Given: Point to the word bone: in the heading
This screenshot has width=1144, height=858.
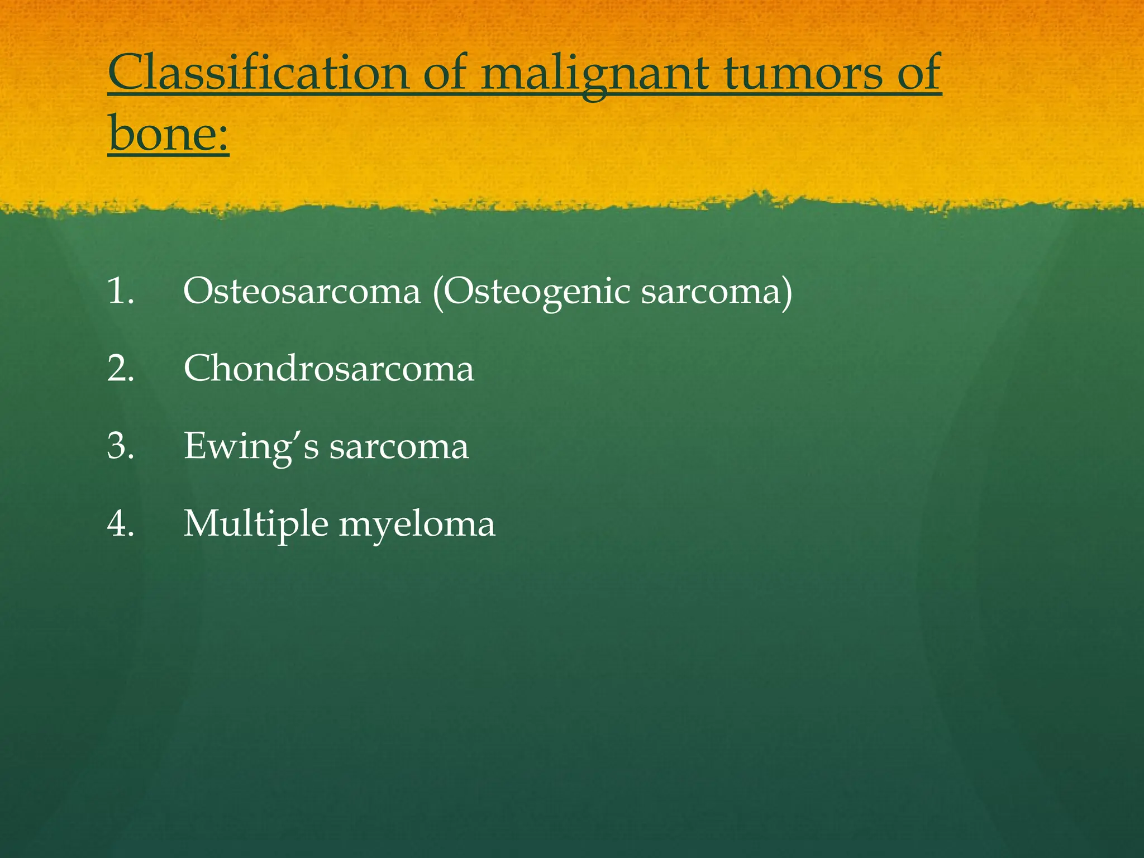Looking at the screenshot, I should (168, 134).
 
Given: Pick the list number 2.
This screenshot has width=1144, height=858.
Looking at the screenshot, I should (121, 369).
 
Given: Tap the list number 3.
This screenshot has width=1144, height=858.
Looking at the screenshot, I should (121, 447).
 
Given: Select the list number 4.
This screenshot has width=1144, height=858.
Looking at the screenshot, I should (121, 525).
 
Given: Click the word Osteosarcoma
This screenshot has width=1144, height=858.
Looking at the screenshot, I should (302, 292).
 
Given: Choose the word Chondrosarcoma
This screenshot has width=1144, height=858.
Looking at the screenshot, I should (329, 369).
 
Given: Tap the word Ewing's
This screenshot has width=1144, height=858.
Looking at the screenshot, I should (251, 447).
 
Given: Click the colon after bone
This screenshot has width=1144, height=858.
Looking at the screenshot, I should (223, 137).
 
